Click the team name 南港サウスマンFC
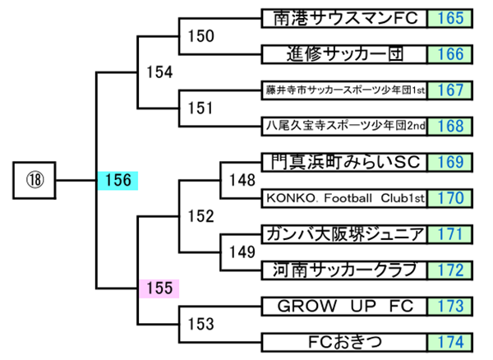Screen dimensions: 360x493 [x=343, y=18]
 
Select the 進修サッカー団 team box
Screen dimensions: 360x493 [x=343, y=54]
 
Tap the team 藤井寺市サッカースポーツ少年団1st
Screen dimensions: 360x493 [x=343, y=90]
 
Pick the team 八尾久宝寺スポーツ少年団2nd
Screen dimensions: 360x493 [x=343, y=127]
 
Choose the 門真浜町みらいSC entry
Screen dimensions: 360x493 [x=343, y=162]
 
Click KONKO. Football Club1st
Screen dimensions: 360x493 [x=343, y=198]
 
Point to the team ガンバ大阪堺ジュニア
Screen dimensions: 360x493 [x=343, y=234]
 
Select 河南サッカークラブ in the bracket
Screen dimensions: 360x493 [x=343, y=270]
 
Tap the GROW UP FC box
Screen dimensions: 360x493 [x=343, y=306]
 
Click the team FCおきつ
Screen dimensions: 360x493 [x=343, y=342]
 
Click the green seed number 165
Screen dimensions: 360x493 [x=451, y=18]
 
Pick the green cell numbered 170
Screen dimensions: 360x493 [x=451, y=198]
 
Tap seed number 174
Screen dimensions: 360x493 [x=451, y=342]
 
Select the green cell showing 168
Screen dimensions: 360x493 [x=451, y=127]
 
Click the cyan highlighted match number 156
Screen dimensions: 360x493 [x=117, y=180]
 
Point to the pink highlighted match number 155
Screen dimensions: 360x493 [x=159, y=288]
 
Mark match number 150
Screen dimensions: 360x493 [x=200, y=35]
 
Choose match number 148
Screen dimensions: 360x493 [x=242, y=179]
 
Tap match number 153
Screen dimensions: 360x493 [x=200, y=322]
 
